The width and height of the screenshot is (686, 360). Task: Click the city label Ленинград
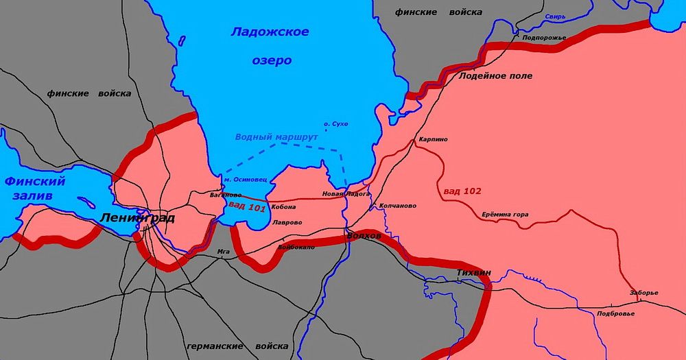137,219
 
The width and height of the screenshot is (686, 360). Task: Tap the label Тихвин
473,273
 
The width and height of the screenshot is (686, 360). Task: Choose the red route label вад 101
247,206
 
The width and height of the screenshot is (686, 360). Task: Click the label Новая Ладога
346,194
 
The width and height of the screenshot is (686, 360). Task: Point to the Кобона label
283,206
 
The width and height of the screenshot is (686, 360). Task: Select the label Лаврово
287,223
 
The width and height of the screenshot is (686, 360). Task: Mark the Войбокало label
296,246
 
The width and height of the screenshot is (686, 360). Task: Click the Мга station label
224,252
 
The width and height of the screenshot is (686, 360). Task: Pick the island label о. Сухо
337,123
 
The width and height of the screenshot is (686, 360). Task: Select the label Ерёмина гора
505,215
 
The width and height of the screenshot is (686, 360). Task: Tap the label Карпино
433,139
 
